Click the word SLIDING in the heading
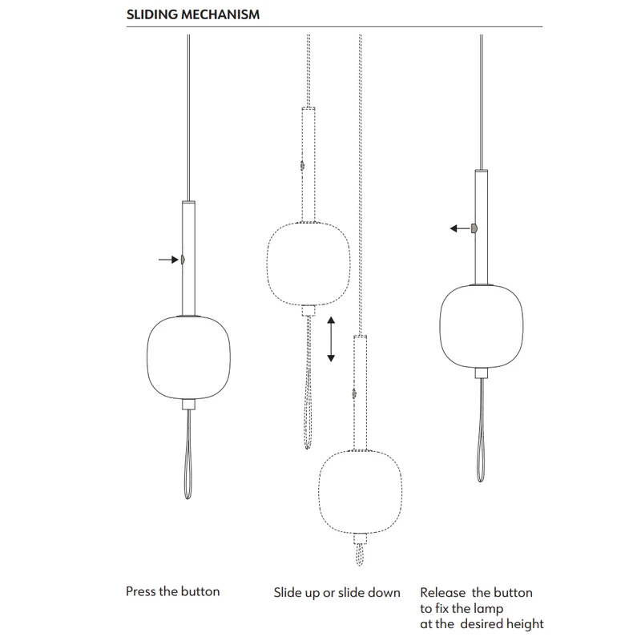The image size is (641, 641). tap(152, 14)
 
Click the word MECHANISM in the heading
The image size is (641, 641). tap(221, 14)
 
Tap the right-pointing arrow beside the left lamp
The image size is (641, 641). tap(168, 260)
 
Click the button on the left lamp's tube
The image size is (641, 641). tap(183, 260)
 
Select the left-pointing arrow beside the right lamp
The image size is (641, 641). tap(459, 228)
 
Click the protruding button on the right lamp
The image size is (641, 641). tap(474, 228)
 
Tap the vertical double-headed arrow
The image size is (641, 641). tap(331, 339)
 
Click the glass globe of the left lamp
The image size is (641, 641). tap(188, 357)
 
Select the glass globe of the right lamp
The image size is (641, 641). tap(482, 326)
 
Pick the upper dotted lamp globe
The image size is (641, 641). tap(308, 264)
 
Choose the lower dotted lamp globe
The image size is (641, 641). tap(360, 492)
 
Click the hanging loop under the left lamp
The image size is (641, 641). tap(188, 454)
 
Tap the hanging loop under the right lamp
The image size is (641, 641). tap(481, 430)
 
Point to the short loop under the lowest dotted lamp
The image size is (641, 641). tap(360, 554)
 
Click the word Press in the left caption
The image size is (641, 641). tap(141, 591)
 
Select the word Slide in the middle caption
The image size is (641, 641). tap(288, 593)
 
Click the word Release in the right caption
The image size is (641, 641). tap(443, 593)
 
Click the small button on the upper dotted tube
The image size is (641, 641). tap(303, 166)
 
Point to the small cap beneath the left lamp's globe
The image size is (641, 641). tap(188, 405)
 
